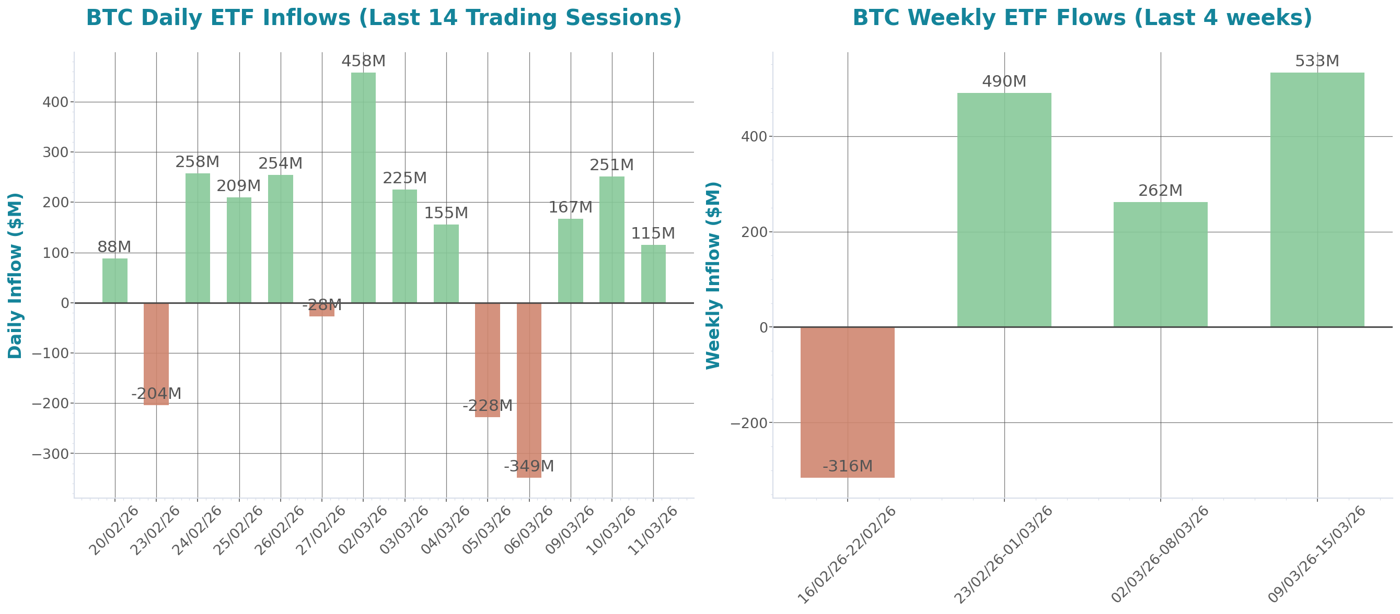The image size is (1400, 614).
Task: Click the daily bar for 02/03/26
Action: tap(363, 187)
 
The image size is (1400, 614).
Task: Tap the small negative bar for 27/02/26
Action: tap(322, 310)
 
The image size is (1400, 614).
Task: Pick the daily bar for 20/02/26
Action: tap(114, 280)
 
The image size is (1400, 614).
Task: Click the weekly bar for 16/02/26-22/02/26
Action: tap(847, 402)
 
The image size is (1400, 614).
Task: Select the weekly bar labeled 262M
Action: tap(1160, 264)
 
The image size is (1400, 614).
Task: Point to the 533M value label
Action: tap(1317, 61)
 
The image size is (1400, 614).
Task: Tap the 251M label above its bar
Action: tap(611, 165)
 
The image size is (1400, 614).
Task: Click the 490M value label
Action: tap(1004, 81)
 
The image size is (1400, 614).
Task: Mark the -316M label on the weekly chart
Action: tap(847, 466)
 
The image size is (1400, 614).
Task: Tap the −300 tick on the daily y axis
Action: tap(50, 454)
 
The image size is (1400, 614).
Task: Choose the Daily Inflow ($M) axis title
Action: tap(15, 275)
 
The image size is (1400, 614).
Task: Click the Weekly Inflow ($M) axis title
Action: tap(712, 275)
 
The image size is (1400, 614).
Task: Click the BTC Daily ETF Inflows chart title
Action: tap(384, 18)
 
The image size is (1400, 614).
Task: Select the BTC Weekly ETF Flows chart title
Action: tap(1082, 18)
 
